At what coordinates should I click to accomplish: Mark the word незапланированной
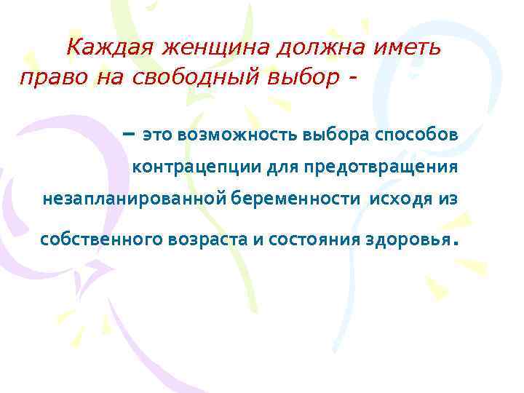coord(136,199)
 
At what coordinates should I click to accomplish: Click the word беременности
coord(297,199)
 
